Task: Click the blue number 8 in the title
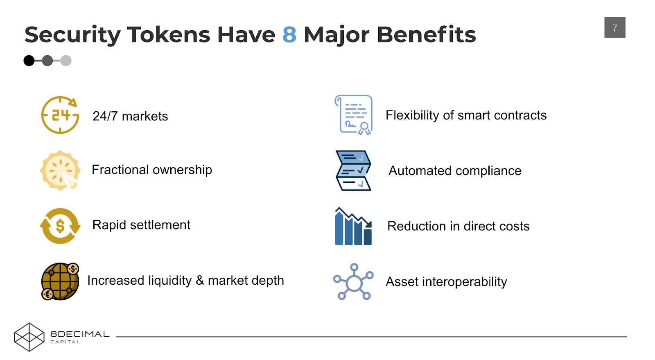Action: tap(289, 35)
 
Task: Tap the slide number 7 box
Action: tap(614, 28)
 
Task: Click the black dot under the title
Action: tap(29, 61)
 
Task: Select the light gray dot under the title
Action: tap(66, 61)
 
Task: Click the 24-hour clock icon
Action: tap(60, 115)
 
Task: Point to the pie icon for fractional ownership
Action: tap(60, 170)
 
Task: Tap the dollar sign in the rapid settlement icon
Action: tap(60, 226)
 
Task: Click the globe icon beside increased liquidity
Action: tap(60, 281)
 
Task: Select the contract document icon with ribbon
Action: tap(353, 115)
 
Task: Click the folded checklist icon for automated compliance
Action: tap(353, 171)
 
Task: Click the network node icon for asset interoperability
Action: tap(353, 282)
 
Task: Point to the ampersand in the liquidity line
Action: tap(200, 281)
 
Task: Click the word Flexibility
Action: tap(412, 115)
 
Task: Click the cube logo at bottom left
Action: tap(29, 337)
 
